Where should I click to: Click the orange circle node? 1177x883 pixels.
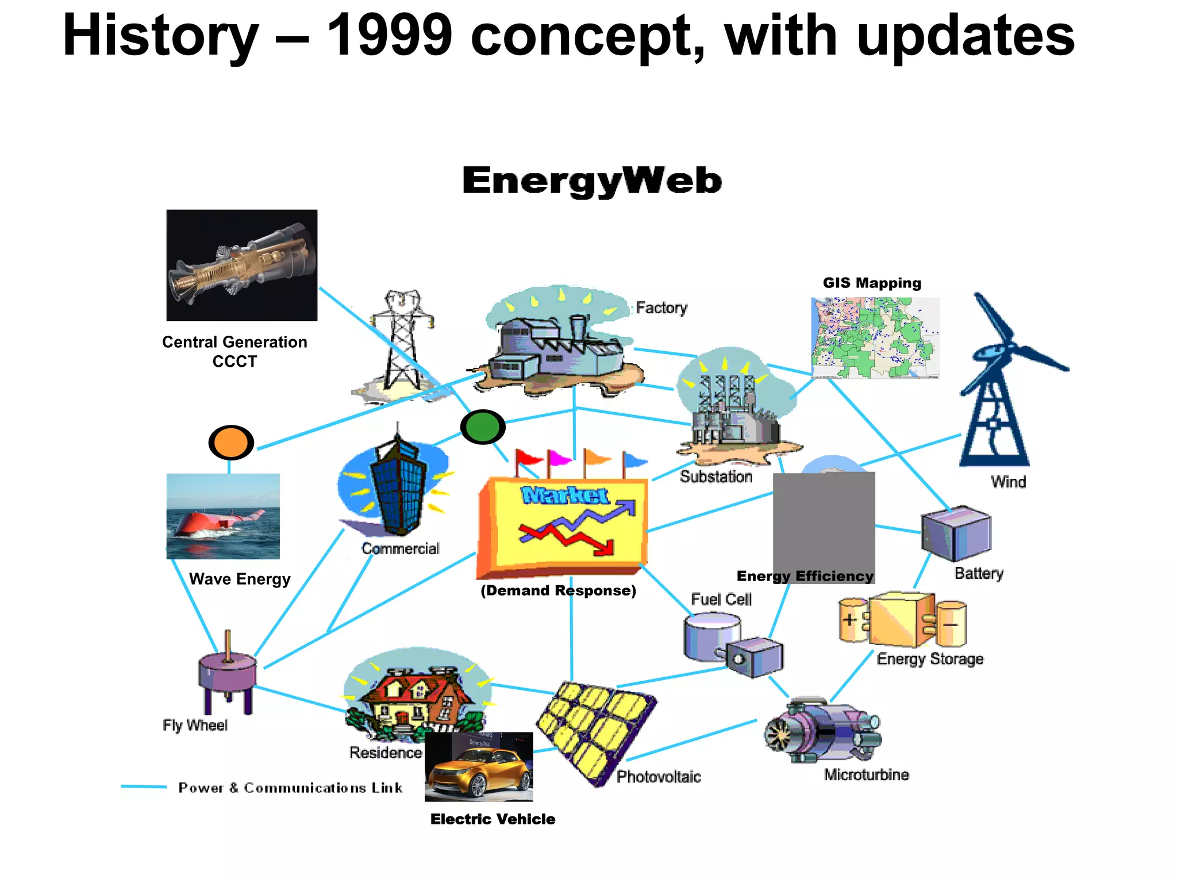point(231,442)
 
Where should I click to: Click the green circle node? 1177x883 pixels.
point(483,427)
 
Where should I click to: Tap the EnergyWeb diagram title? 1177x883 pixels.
point(591,181)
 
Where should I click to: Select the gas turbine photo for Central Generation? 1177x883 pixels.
point(242,265)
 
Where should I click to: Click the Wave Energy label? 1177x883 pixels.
point(240,579)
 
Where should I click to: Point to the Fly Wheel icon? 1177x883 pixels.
point(228,675)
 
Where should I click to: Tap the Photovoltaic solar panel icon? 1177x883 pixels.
point(595,731)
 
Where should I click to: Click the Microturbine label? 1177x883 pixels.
point(866,775)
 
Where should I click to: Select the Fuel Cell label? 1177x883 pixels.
point(721,600)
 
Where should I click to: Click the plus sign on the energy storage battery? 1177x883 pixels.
point(850,620)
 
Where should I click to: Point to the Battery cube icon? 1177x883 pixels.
point(956,533)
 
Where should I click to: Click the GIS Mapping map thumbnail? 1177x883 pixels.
point(875,337)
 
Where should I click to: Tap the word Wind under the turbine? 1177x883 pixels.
point(1008,482)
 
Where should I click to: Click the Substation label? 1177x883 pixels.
point(716,477)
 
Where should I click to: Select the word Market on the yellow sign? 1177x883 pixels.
point(564,496)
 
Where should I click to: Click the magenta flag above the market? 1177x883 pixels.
point(559,459)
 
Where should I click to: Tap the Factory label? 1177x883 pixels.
point(661,308)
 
